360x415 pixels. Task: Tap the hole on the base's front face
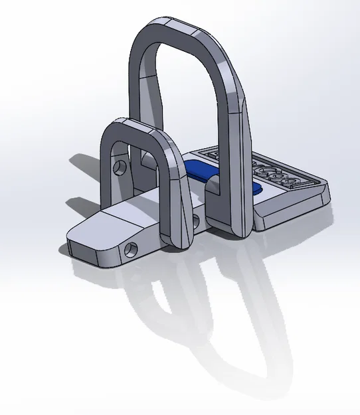click(x=131, y=249)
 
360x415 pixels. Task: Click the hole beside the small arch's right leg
click(x=196, y=220)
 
